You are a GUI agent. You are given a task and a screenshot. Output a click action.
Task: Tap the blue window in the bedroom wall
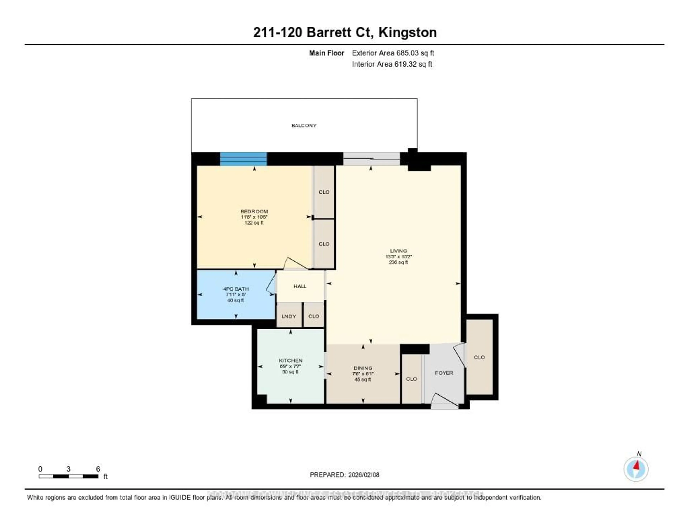tap(243, 159)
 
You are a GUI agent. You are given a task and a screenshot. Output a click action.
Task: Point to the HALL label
tap(300, 286)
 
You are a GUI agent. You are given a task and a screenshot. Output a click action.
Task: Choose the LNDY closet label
tap(289, 316)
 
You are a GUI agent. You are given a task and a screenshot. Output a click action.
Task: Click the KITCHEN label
tap(290, 361)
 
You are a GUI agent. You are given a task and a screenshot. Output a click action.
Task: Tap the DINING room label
tap(363, 368)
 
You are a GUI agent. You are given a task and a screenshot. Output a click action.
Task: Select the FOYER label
tap(444, 373)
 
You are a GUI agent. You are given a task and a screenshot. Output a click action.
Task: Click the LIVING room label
tap(399, 251)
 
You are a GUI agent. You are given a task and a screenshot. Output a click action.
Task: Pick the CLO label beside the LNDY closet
tap(314, 316)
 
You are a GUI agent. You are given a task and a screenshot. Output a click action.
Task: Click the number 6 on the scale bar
tap(98, 469)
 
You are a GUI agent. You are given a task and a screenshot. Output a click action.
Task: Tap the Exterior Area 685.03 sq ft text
tap(393, 53)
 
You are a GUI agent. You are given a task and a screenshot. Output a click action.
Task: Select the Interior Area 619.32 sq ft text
tap(392, 64)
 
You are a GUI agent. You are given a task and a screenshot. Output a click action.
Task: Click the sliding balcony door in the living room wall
tap(371, 159)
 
